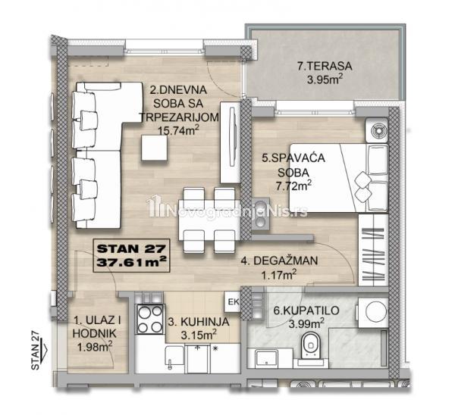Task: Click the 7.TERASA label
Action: [x=325, y=66]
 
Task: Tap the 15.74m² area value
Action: [x=178, y=130]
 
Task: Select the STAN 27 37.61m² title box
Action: [x=131, y=256]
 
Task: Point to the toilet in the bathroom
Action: [x=310, y=346]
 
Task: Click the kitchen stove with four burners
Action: [x=150, y=319]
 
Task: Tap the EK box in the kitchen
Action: [x=233, y=301]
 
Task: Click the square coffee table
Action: [x=155, y=148]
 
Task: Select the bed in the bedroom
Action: [x=339, y=178]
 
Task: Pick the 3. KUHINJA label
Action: [x=199, y=322]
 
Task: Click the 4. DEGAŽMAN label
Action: [x=279, y=261]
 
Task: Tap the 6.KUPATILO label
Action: [x=306, y=310]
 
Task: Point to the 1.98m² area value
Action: [x=95, y=347]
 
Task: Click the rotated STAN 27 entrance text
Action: [x=35, y=351]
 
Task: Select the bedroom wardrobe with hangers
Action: [x=373, y=251]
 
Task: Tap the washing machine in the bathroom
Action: [x=373, y=313]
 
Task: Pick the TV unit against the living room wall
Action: [x=231, y=142]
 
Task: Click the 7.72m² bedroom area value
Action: [x=293, y=186]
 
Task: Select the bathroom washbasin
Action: [x=266, y=357]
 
